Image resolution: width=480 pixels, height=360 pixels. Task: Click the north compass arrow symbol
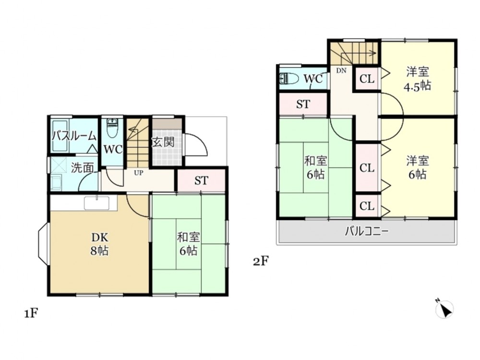click(444, 308)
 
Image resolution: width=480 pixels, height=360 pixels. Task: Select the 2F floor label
click(261, 262)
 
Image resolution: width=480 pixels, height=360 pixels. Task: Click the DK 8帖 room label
click(99, 244)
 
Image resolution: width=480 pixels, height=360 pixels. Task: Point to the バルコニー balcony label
click(367, 231)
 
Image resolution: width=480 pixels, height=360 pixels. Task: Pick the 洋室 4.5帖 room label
click(417, 79)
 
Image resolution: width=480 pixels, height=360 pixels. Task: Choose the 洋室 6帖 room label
click(418, 168)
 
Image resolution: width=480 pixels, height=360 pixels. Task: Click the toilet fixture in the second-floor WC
click(289, 79)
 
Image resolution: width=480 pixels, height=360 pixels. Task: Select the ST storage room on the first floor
click(201, 180)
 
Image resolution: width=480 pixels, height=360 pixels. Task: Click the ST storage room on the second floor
click(303, 104)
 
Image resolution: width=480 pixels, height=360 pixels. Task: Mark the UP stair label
click(138, 173)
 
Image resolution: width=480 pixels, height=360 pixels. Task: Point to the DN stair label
click(341, 71)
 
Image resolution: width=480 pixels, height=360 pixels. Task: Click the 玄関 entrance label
click(163, 142)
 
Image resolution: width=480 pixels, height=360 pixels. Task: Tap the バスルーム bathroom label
click(74, 136)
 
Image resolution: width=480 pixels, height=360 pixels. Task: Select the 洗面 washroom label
click(83, 168)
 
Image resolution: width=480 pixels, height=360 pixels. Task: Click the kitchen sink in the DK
click(97, 203)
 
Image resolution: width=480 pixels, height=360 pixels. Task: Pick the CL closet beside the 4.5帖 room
click(367, 79)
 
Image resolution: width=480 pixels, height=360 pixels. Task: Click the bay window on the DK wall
click(43, 244)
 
